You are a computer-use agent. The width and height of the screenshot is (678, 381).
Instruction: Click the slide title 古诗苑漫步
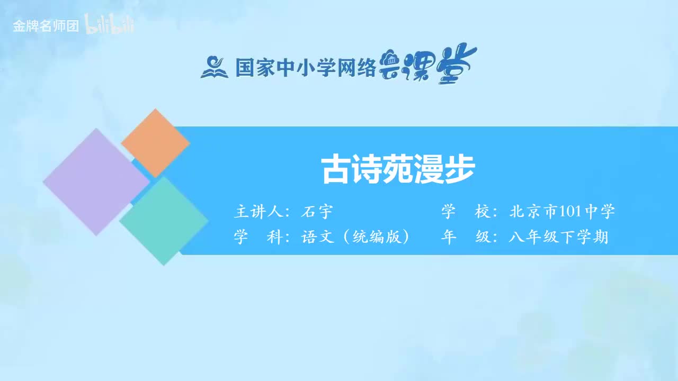[398, 170]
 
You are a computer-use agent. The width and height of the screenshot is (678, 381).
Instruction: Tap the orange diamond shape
[155, 143]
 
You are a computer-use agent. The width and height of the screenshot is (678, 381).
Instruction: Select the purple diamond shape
[96, 182]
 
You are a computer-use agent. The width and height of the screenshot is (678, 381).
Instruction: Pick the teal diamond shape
[163, 221]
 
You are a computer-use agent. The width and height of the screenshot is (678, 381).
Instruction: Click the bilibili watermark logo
[110, 26]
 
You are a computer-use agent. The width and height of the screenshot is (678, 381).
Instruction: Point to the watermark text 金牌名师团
[46, 26]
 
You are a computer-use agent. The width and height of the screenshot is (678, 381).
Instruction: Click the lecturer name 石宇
[316, 212]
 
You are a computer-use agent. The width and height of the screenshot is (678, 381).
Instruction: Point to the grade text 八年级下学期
[558, 237]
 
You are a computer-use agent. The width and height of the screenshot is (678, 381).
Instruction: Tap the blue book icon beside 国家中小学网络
[213, 67]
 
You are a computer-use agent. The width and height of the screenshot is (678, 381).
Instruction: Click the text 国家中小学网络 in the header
[305, 68]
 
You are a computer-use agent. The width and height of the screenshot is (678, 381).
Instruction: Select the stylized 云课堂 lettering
[428, 66]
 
